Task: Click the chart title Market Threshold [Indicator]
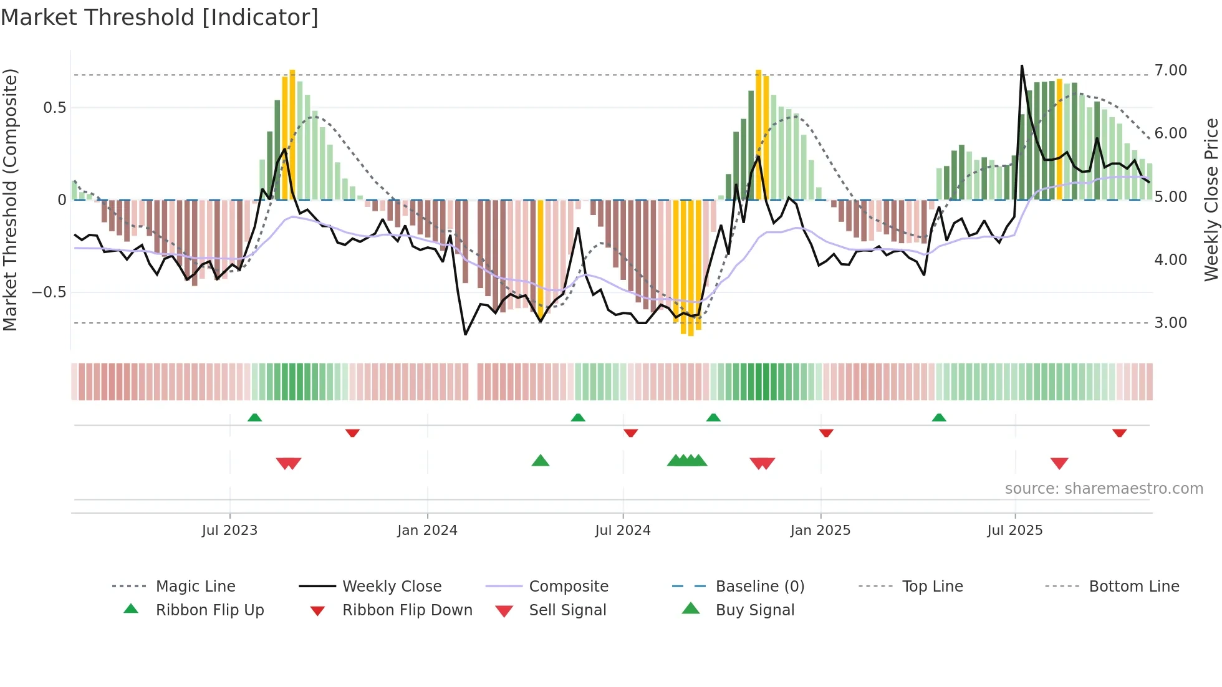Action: [x=160, y=17]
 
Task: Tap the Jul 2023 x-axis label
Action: [x=229, y=531]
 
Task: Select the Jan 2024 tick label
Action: [x=427, y=531]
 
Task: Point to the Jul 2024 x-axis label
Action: [x=622, y=531]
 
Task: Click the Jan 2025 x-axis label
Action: [x=820, y=531]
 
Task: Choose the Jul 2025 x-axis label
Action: [x=1014, y=531]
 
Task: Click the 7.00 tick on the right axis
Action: [x=1170, y=70]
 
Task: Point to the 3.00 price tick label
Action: [x=1170, y=323]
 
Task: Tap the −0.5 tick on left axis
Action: [x=49, y=292]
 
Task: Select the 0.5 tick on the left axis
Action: [x=54, y=108]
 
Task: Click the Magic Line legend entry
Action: [x=195, y=587]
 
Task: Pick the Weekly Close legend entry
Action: [x=392, y=587]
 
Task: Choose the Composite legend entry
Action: [x=569, y=587]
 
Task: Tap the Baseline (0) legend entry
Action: [x=759, y=587]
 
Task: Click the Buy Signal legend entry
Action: [x=754, y=610]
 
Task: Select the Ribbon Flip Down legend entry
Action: [x=407, y=610]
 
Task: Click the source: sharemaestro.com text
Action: [x=1104, y=489]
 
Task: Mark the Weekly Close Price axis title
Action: [x=1211, y=199]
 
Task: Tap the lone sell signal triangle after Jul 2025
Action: [x=1059, y=463]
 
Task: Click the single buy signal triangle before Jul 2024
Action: [x=541, y=461]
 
